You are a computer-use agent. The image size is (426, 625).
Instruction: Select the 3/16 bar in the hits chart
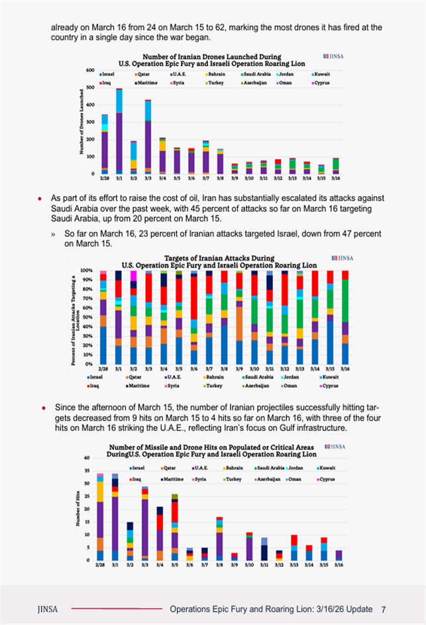(x=339, y=555)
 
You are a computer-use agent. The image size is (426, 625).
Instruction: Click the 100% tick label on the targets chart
(x=87, y=270)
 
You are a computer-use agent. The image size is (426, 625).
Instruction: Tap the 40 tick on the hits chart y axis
(x=87, y=458)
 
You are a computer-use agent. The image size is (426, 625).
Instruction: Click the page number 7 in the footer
(x=384, y=609)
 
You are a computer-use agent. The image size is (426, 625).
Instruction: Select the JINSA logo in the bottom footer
(x=47, y=609)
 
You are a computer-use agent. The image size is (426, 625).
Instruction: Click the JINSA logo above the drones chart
(x=333, y=55)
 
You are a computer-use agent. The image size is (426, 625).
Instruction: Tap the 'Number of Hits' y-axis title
(x=78, y=509)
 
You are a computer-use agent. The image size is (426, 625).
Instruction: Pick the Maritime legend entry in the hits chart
(x=174, y=478)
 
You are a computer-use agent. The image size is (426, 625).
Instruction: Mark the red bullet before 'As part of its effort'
(x=40, y=199)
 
